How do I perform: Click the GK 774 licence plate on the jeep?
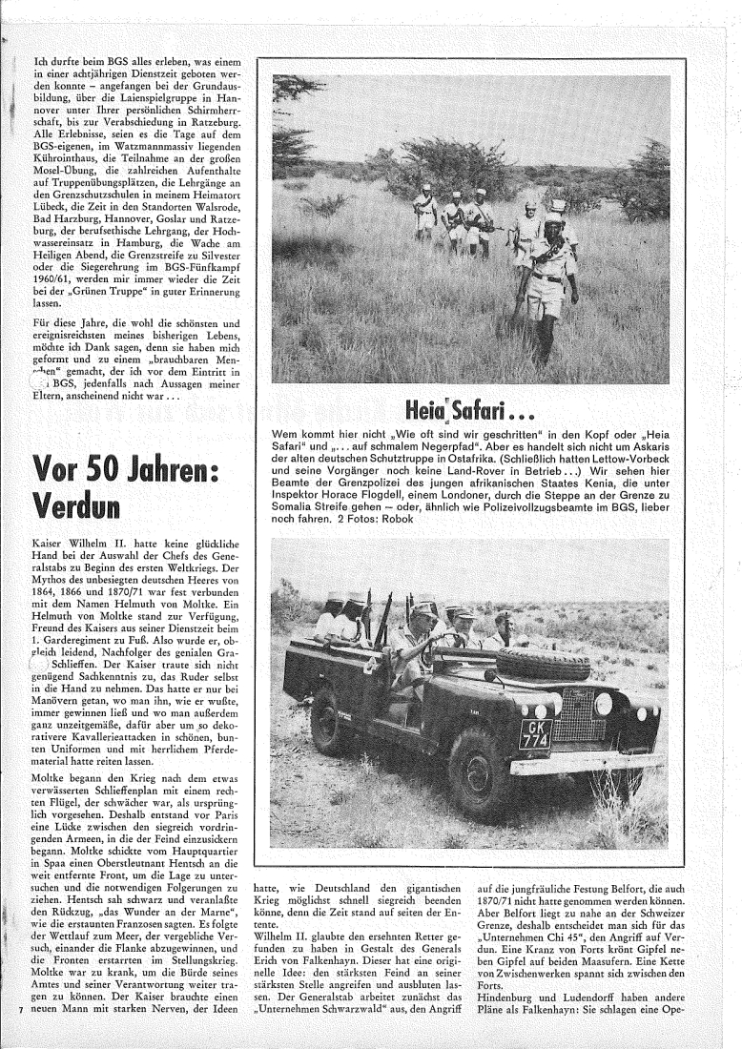[x=536, y=733]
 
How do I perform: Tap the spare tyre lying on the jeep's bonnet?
[x=543, y=664]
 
